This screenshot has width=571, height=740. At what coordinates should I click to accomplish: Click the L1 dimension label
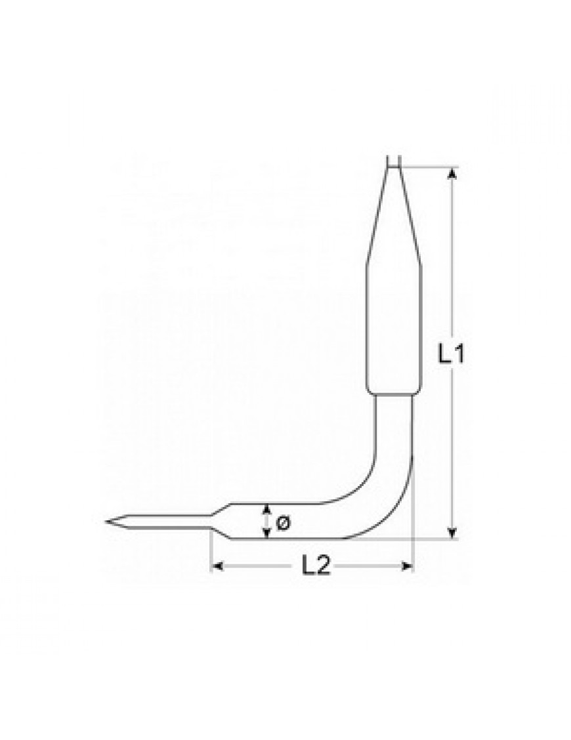[451, 354]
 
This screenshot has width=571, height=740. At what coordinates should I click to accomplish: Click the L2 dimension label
[316, 565]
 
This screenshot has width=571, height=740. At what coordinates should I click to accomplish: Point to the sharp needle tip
[107, 522]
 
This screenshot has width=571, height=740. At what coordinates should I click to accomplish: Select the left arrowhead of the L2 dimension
[217, 566]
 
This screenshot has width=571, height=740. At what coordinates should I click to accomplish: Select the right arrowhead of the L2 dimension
[407, 566]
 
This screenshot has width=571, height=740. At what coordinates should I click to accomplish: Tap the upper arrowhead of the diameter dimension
[267, 509]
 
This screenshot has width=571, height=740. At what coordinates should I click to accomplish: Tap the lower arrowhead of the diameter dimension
[267, 533]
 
